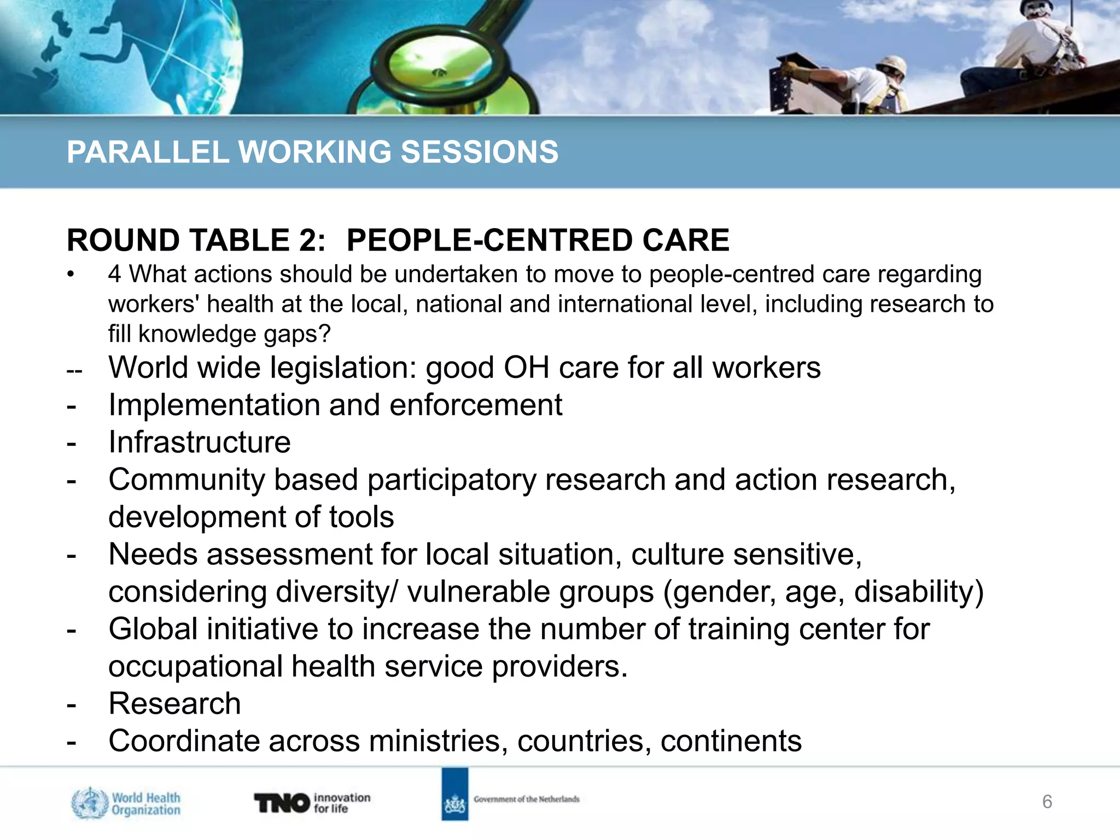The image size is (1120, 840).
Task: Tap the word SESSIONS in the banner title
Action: (x=480, y=152)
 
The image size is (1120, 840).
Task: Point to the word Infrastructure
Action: (x=200, y=442)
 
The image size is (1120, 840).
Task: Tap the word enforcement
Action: (x=476, y=405)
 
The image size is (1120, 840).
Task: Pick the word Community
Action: (x=186, y=480)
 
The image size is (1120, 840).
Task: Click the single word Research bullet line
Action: (x=174, y=703)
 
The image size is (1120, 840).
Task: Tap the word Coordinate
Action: (x=184, y=741)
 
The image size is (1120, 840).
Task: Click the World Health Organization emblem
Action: (x=89, y=803)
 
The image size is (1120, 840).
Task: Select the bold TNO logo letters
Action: (x=282, y=803)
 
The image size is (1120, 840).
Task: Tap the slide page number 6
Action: (x=1047, y=802)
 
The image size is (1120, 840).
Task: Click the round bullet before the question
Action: (x=70, y=275)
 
